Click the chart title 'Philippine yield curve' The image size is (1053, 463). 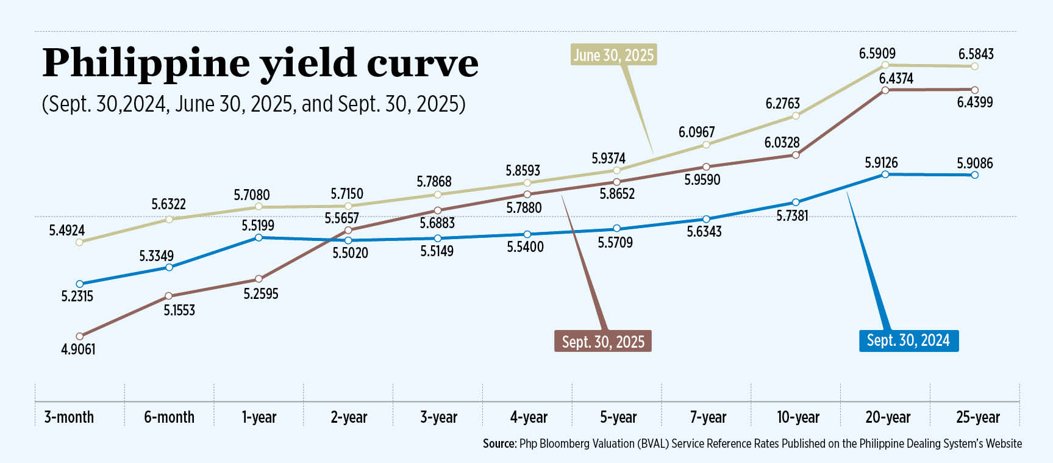(260, 63)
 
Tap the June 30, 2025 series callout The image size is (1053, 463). (613, 55)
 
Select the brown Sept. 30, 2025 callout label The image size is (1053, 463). (603, 342)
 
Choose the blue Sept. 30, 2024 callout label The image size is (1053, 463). (908, 340)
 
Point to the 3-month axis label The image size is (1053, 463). (69, 417)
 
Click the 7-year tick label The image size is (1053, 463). (708, 417)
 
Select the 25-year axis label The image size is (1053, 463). (977, 417)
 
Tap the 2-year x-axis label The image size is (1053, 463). (349, 417)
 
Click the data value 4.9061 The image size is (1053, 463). (78, 350)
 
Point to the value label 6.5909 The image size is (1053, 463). (877, 54)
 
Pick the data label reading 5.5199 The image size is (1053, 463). (258, 225)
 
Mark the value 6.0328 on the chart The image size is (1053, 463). (782, 143)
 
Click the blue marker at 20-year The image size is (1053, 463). (885, 174)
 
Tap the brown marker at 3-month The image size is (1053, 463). (79, 336)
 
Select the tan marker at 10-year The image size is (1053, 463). (796, 116)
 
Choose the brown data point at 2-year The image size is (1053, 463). (348, 230)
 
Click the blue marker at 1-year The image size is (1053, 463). (259, 237)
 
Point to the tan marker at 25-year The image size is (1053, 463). (974, 66)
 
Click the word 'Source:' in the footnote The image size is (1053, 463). (499, 443)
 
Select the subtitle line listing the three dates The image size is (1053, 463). (254, 104)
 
